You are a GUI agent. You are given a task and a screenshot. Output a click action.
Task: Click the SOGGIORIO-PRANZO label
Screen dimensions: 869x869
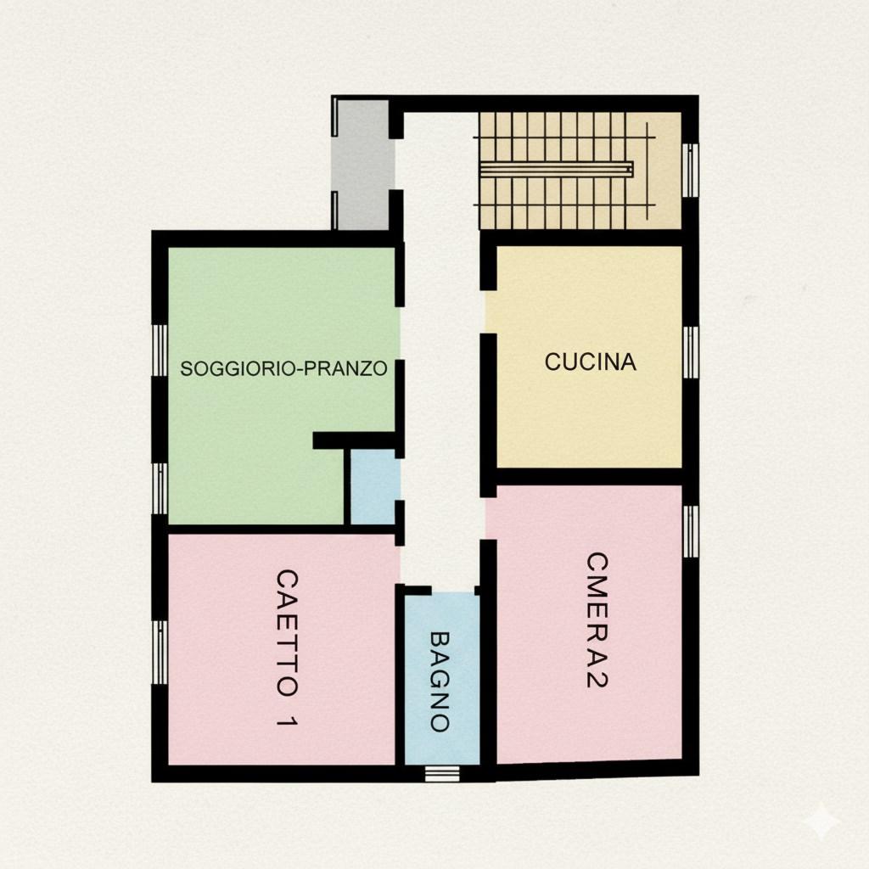[283, 368]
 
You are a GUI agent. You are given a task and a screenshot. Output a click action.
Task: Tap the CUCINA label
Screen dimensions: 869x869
[591, 362]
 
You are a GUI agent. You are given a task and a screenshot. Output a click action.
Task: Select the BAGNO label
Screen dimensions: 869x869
[440, 681]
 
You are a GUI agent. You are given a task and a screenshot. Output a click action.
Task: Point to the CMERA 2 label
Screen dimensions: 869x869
[597, 620]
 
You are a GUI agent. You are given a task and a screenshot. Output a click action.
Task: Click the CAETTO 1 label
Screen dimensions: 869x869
[287, 648]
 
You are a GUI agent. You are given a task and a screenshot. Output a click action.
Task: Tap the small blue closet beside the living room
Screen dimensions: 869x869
[373, 486]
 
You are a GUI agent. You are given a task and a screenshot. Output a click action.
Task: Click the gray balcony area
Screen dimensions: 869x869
[362, 165]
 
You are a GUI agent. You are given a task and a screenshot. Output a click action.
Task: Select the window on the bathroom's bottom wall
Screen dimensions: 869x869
[442, 774]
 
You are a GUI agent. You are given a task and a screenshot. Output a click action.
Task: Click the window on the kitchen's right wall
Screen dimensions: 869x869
[691, 352]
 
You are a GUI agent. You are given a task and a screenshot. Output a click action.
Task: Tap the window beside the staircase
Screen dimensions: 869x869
[691, 170]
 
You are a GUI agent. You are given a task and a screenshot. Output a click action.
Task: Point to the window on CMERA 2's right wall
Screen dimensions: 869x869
[691, 531]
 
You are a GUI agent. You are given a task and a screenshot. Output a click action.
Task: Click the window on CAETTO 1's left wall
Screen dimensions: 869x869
[160, 653]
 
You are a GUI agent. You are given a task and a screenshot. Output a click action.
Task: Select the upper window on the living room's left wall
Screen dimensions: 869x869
[160, 350]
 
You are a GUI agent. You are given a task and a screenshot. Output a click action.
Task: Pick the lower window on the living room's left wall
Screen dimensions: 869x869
[160, 489]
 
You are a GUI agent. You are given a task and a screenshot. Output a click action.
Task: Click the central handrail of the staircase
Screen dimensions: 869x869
[557, 170]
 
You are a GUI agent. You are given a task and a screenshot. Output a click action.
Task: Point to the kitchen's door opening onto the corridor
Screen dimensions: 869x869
[488, 311]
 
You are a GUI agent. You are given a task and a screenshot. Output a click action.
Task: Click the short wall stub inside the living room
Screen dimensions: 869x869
[354, 440]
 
